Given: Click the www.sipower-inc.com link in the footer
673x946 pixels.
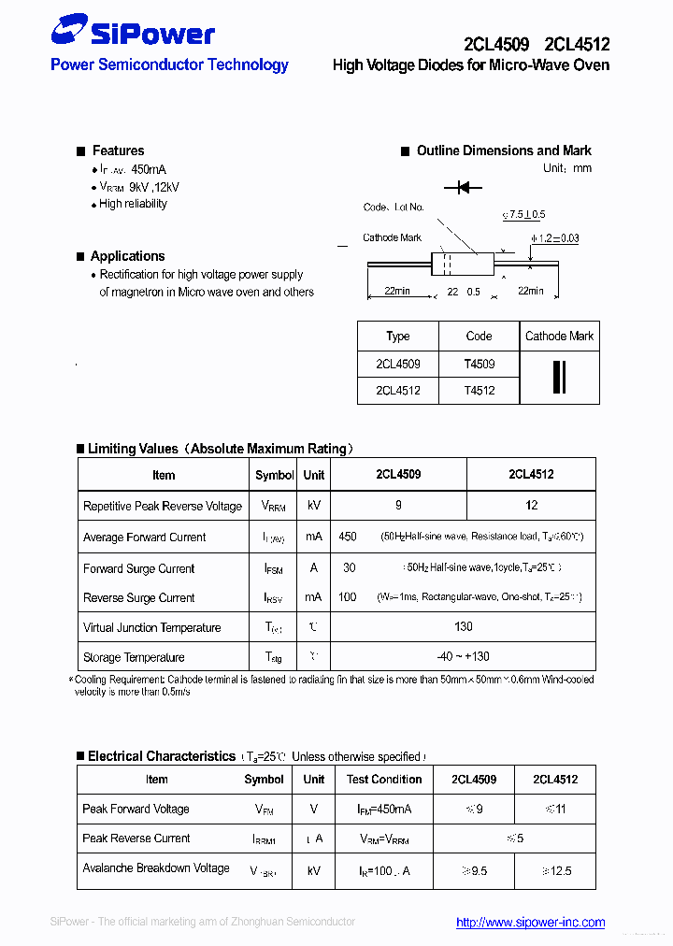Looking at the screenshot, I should pyautogui.click(x=530, y=922).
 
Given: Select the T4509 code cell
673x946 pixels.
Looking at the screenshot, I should pyautogui.click(x=479, y=364).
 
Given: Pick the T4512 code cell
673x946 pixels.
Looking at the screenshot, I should pyautogui.click(x=479, y=391).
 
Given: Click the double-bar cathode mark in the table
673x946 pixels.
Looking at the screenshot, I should pyautogui.click(x=559, y=376).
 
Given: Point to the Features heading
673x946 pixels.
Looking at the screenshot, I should pyautogui.click(x=118, y=150).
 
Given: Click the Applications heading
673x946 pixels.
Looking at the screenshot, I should pyautogui.click(x=127, y=256).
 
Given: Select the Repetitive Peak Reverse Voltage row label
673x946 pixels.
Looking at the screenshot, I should pyautogui.click(x=163, y=506).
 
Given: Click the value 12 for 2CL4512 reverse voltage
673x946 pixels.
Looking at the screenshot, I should pyautogui.click(x=531, y=506).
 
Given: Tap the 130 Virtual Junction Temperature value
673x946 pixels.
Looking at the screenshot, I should pyautogui.click(x=464, y=627).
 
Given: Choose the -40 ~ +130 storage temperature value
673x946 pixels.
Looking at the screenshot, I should pyautogui.click(x=464, y=657).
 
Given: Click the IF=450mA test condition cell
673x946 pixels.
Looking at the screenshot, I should pyautogui.click(x=384, y=809).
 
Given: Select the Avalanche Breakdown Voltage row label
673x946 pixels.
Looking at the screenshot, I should pyautogui.click(x=156, y=868).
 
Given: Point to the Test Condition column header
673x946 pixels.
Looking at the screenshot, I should pyautogui.click(x=384, y=780).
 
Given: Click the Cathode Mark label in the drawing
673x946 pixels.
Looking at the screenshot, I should pyautogui.click(x=393, y=237).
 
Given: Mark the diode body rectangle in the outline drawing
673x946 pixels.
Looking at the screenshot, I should pyautogui.click(x=463, y=265).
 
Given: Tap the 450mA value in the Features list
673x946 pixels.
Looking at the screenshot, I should pyautogui.click(x=149, y=169).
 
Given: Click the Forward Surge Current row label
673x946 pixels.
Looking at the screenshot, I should pyautogui.click(x=139, y=568).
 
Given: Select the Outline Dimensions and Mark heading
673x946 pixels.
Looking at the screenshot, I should pyautogui.click(x=504, y=150).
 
